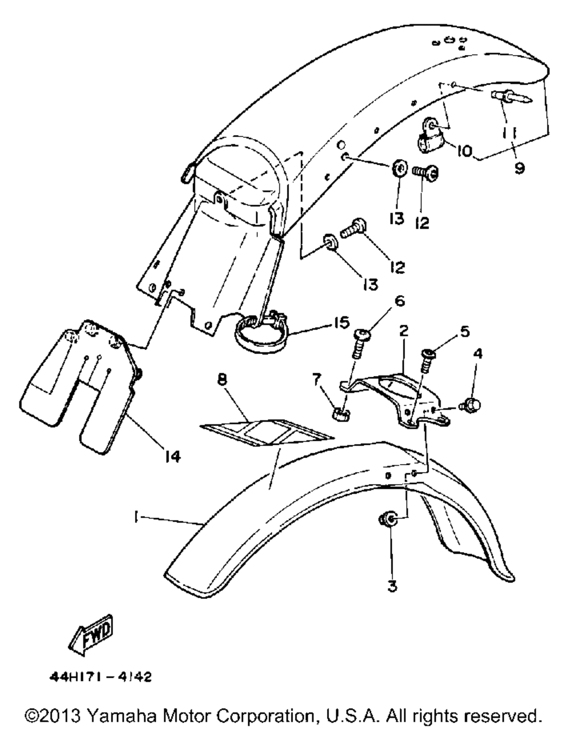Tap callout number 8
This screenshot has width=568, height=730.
tap(222, 379)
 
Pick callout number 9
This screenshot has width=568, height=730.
tap(520, 168)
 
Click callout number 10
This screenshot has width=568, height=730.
tap(464, 151)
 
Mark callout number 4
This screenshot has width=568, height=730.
tap(478, 354)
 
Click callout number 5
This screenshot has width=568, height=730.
tap(465, 331)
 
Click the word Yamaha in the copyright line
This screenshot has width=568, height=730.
tap(131, 714)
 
